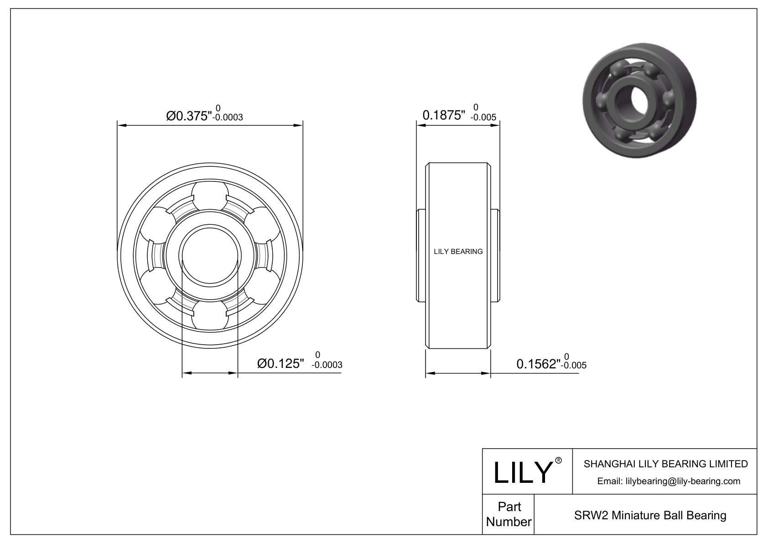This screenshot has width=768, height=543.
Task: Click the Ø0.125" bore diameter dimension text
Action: (x=280, y=363)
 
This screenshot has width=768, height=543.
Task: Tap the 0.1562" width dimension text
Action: (x=538, y=364)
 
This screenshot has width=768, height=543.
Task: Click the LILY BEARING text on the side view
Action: (x=458, y=252)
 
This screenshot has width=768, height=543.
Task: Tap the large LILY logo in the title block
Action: (x=523, y=472)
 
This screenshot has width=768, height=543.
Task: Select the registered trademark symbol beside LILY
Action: (x=558, y=460)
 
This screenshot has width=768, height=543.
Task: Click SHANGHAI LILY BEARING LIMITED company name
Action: (x=665, y=464)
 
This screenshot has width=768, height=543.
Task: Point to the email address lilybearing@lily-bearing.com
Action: (x=669, y=481)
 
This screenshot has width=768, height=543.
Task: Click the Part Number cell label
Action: (x=509, y=514)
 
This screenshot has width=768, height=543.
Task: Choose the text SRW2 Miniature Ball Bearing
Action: (x=650, y=516)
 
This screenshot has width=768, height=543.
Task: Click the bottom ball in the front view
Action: (x=210, y=315)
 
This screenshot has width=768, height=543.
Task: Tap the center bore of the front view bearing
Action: (x=210, y=255)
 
